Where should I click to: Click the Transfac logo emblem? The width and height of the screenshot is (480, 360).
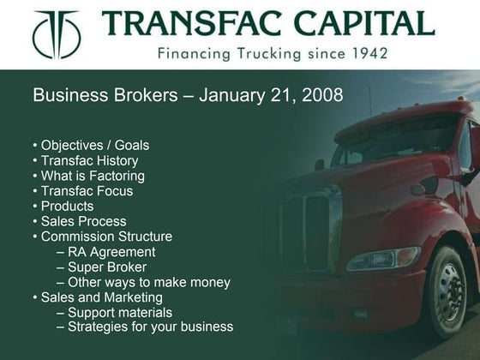pos(56,34)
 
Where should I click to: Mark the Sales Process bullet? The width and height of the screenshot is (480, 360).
pos(81,221)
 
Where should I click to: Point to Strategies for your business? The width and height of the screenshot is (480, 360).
pos(145,327)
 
